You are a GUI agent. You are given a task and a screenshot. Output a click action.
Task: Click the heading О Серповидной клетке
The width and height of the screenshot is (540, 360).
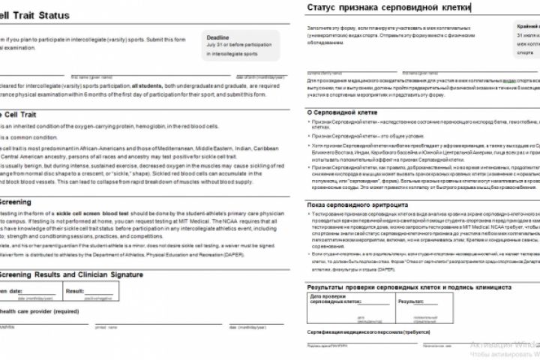(346, 112)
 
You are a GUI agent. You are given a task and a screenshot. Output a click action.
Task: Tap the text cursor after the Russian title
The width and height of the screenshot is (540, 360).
(471, 7)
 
